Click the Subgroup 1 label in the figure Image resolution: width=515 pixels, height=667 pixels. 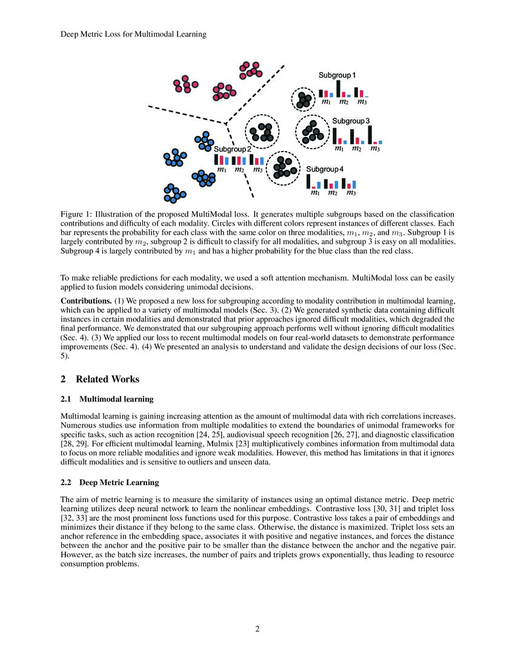tap(337, 75)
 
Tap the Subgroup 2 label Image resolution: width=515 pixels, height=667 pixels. tap(233, 149)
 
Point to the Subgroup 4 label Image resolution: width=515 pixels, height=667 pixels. tap(324, 169)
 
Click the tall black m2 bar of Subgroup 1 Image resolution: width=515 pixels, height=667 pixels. tap(338, 89)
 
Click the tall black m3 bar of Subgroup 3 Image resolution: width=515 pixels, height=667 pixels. tap(370, 135)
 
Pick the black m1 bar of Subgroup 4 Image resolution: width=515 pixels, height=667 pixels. tap(308, 181)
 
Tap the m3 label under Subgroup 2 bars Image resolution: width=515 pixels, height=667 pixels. tap(257, 170)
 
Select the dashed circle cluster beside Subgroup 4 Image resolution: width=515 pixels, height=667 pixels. tap(283, 167)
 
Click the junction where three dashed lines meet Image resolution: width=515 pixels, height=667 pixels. tap(226, 123)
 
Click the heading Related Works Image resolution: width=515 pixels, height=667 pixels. tap(107, 380)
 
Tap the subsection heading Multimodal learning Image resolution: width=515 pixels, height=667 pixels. tap(115, 399)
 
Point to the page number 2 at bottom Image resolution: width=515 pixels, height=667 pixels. tap(257, 629)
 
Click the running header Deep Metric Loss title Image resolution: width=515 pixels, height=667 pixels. tap(133, 35)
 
